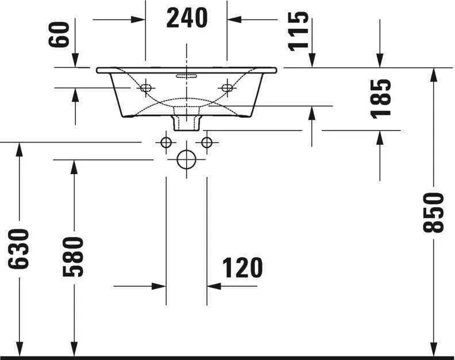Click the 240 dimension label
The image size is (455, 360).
pyautogui.click(x=187, y=18)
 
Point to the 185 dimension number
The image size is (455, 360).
pyautogui.click(x=381, y=98)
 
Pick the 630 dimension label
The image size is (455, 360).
pyautogui.click(x=18, y=248)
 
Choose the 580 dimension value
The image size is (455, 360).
pyautogui.click(x=74, y=256)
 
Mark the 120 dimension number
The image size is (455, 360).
pyautogui.click(x=242, y=267)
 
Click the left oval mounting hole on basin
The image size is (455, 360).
pyautogui.click(x=146, y=88)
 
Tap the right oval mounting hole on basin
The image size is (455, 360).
pyautogui.click(x=227, y=88)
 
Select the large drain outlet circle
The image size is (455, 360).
pyautogui.click(x=186, y=159)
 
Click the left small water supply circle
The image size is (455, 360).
pyautogui.click(x=166, y=141)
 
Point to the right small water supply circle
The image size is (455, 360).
pyautogui.click(x=207, y=141)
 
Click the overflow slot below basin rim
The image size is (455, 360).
pyautogui.click(x=187, y=74)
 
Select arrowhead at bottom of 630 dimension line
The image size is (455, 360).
pyautogui.click(x=19, y=348)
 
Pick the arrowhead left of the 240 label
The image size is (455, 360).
pyautogui.click(x=138, y=19)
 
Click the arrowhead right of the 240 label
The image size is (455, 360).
pyautogui.click(x=234, y=19)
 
